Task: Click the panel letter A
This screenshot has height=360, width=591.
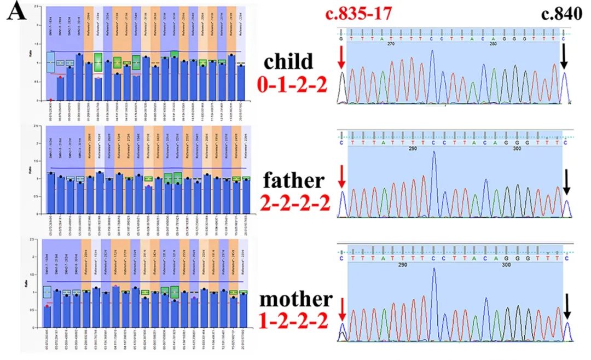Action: point(17,13)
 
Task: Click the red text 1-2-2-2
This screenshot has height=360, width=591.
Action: point(296,323)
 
